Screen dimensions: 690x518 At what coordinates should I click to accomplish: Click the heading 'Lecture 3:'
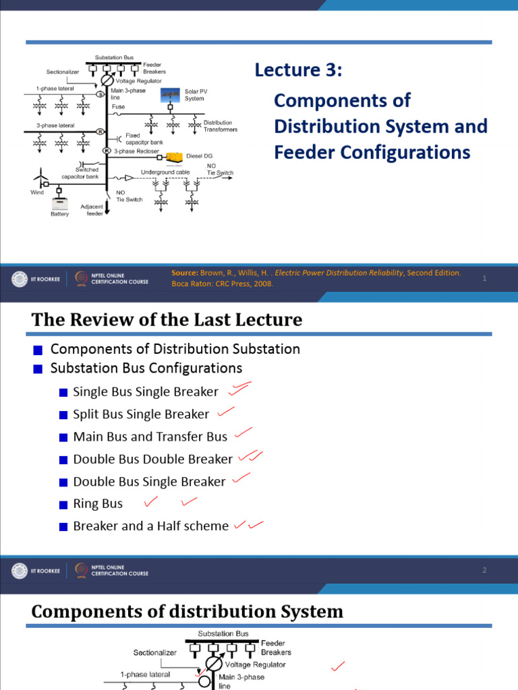(x=298, y=70)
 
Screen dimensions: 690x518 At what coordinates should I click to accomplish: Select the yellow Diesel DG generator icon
(x=174, y=157)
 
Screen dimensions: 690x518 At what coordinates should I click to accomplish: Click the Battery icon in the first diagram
(x=60, y=203)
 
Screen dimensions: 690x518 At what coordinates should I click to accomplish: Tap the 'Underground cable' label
(x=165, y=172)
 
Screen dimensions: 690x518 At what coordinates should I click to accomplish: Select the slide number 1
(x=484, y=278)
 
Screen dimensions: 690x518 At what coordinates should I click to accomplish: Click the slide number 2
(x=484, y=571)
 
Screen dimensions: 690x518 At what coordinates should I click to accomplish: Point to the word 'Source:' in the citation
(x=184, y=273)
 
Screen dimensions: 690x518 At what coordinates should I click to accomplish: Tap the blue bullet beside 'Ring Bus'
(x=63, y=504)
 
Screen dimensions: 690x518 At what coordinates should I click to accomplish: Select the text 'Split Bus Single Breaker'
(x=141, y=414)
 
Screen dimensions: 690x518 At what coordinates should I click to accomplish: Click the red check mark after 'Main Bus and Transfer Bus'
(x=243, y=432)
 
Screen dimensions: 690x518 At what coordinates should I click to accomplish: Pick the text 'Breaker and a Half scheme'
(x=150, y=526)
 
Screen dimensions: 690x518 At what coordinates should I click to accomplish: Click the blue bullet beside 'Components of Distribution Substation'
(x=38, y=350)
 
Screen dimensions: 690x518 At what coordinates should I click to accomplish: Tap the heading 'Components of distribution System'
(x=187, y=612)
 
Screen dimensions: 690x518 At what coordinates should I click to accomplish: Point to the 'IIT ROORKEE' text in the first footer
(x=45, y=279)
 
